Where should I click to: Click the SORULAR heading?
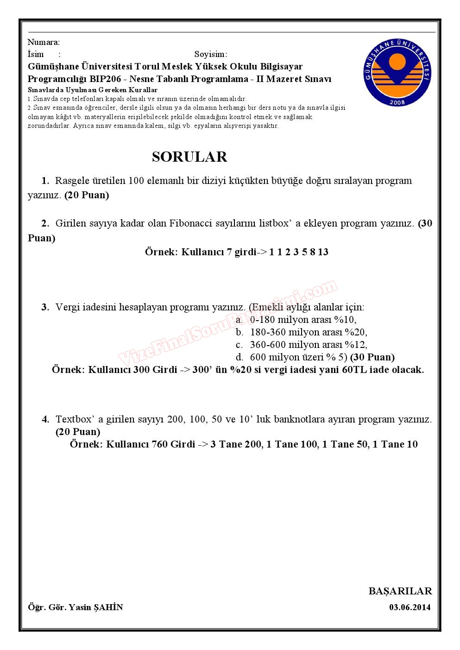(x=189, y=157)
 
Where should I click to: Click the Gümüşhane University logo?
(x=397, y=73)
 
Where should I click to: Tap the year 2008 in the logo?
(x=397, y=102)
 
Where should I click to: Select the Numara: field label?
(x=44, y=43)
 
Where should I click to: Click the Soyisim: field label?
(x=210, y=54)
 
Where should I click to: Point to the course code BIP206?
(x=106, y=79)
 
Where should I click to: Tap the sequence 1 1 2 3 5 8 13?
(x=298, y=252)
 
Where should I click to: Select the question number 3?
(x=45, y=307)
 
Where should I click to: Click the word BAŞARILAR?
(x=400, y=591)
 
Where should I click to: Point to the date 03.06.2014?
(x=410, y=607)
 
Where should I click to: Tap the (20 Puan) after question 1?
(x=87, y=195)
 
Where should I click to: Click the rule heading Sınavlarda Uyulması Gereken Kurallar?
(x=93, y=90)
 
